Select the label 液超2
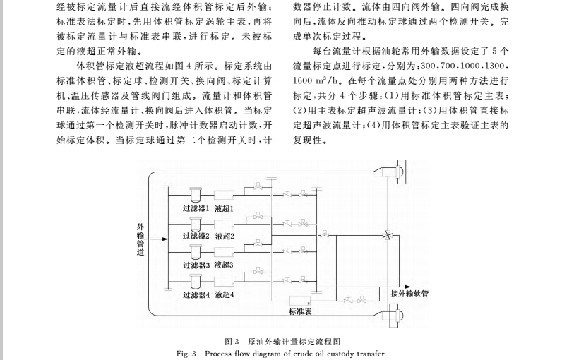(x=225, y=236)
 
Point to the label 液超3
(x=225, y=265)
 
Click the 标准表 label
(x=300, y=311)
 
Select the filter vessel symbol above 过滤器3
(x=194, y=252)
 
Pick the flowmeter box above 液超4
(x=225, y=282)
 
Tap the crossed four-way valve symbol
(x=386, y=236)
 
